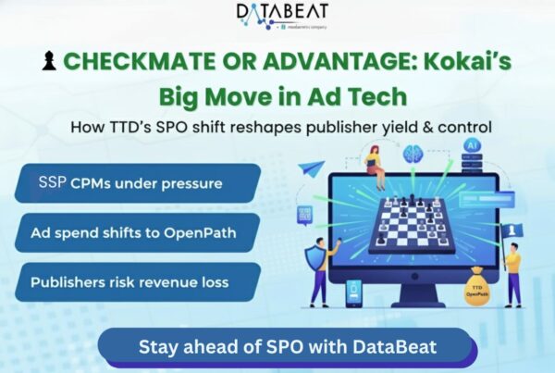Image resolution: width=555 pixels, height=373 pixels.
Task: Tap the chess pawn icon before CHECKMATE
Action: pos(50,62)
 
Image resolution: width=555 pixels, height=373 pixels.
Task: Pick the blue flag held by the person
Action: pos(512,228)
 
